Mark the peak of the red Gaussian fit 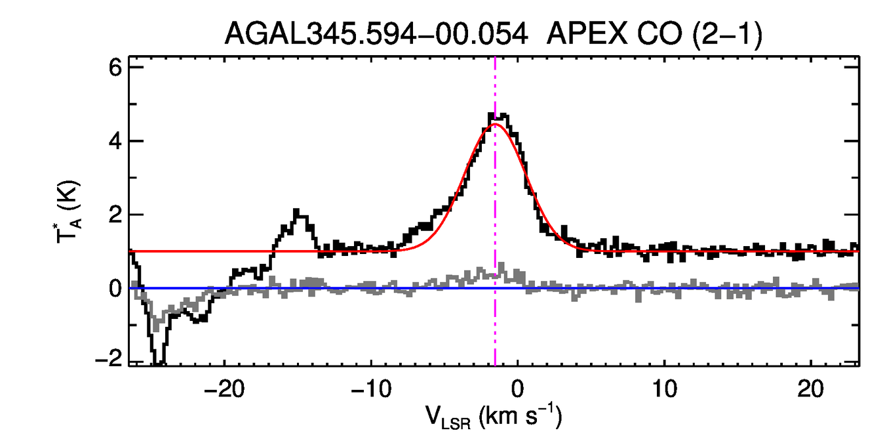(495, 124)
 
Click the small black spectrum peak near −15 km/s (297, 211)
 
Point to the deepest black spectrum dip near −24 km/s (158, 363)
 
